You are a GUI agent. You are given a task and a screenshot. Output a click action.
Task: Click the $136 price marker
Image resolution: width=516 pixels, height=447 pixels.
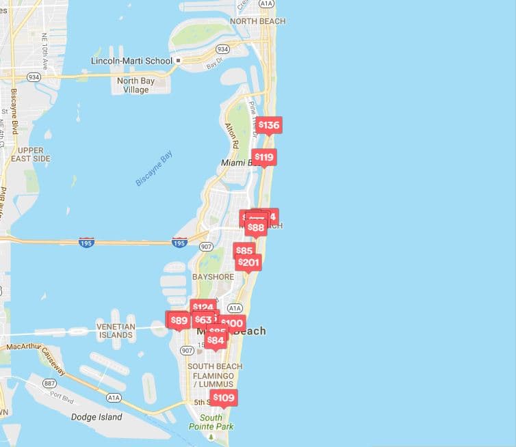[x=269, y=125]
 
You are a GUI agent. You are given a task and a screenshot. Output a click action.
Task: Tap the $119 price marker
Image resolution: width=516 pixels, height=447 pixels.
[x=264, y=157]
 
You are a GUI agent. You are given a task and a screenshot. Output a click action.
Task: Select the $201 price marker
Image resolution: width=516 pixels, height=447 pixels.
[x=249, y=262]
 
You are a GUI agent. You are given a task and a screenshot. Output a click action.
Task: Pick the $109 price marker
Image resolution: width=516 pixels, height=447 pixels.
[x=223, y=398]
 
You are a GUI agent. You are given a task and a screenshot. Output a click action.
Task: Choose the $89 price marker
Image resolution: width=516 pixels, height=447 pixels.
[x=179, y=320]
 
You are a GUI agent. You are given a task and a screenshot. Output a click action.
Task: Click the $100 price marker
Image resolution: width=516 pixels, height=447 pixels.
[x=232, y=323]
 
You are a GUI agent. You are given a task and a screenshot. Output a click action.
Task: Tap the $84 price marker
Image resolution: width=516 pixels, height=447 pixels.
[x=216, y=340]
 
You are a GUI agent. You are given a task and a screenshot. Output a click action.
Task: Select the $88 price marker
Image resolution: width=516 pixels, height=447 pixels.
[x=255, y=228]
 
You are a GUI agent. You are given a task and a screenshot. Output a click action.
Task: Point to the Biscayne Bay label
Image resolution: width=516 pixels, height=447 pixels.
[x=154, y=168]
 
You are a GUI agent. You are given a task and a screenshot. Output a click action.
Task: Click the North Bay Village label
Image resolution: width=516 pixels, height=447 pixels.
[x=136, y=85]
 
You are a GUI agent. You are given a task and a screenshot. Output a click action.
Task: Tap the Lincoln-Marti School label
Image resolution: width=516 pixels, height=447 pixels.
[x=131, y=61]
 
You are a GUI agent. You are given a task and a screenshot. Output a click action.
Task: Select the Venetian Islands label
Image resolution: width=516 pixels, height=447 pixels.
[x=115, y=331]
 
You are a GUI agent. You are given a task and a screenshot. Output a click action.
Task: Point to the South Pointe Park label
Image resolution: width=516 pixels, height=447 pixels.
[x=211, y=422]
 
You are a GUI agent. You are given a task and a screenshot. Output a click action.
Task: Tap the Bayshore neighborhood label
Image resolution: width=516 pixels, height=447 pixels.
[x=213, y=277]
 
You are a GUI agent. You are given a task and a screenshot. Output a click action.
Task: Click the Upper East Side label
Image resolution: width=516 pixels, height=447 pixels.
[x=31, y=154]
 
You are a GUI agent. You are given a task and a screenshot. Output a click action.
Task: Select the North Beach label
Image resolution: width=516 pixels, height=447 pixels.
[x=257, y=21]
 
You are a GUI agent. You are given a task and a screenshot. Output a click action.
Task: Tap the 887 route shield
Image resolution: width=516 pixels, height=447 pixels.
[x=49, y=383]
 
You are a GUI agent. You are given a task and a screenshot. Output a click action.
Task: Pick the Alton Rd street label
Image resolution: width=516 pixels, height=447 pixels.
[x=231, y=136]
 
